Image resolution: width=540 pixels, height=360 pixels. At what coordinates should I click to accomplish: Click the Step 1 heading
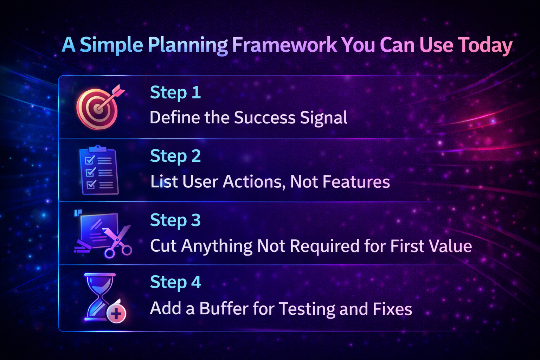175,93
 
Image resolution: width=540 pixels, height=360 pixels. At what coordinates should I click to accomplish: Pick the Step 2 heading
175,156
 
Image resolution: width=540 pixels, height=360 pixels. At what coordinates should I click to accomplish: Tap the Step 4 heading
175,282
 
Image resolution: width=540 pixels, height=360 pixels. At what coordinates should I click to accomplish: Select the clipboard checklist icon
98,171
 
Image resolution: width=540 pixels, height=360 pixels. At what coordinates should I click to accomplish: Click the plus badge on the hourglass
116,313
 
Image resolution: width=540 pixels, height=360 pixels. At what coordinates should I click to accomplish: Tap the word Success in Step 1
264,118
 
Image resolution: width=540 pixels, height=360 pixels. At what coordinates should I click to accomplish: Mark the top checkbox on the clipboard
90,160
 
